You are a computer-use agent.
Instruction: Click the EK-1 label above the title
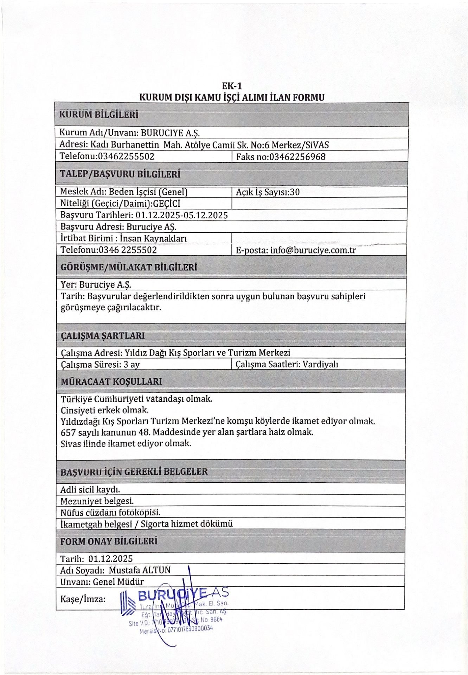pyautogui.click(x=232, y=86)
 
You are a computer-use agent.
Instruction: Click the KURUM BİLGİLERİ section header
pyautogui.click(x=99, y=115)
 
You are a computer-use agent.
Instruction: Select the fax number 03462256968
pyautogui.click(x=297, y=157)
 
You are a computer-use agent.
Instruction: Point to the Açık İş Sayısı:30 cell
pyautogui.click(x=268, y=192)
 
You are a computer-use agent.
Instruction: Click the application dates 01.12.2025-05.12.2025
pyautogui.click(x=182, y=215)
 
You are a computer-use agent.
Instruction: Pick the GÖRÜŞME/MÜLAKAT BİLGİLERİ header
pyautogui.click(x=129, y=267)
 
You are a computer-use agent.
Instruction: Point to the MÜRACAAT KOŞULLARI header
pyautogui.click(x=111, y=382)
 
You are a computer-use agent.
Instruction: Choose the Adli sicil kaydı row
pyautogui.click(x=90, y=490)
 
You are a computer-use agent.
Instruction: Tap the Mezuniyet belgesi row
pyautogui.click(x=97, y=501)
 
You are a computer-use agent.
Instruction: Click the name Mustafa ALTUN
pyautogui.click(x=140, y=570)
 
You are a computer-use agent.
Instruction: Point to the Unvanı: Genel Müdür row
pyautogui.click(x=102, y=581)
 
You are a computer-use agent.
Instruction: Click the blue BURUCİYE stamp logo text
pyautogui.click(x=172, y=595)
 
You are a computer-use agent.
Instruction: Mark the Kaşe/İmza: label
pyautogui.click(x=83, y=599)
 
